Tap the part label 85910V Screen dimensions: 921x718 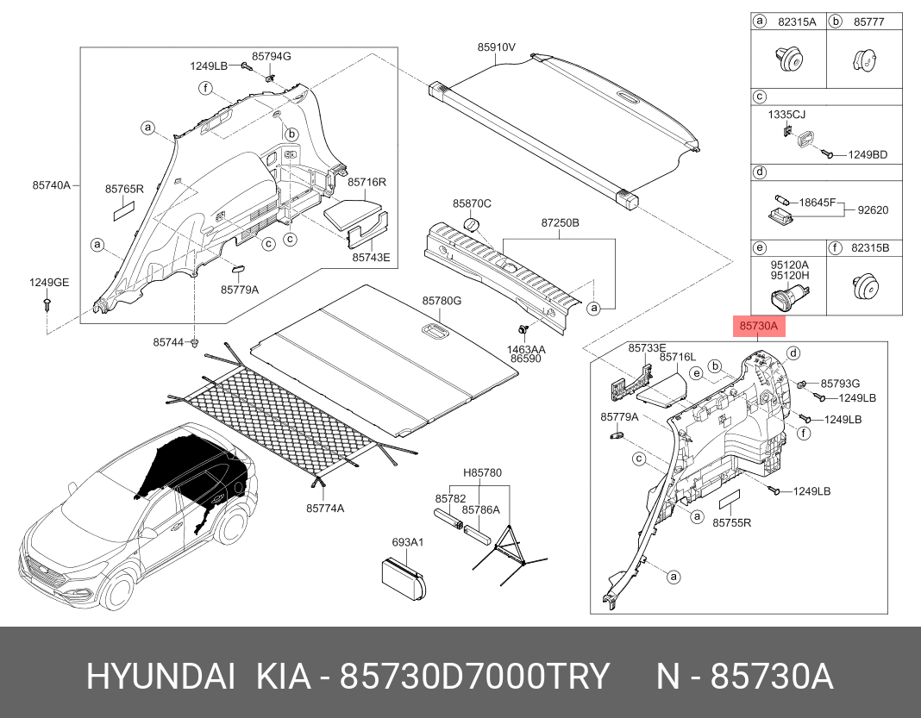pyautogui.click(x=496, y=47)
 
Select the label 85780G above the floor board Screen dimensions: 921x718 pyautogui.click(x=442, y=301)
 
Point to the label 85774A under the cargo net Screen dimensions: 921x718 pyautogui.click(x=325, y=508)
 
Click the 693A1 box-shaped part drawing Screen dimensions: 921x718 pyautogui.click(x=404, y=578)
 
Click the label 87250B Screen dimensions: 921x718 pyautogui.click(x=560, y=223)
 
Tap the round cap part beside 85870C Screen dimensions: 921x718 pyautogui.click(x=472, y=226)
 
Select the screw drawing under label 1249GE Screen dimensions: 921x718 pyautogui.click(x=47, y=304)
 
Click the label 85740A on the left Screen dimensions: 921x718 pyautogui.click(x=51, y=185)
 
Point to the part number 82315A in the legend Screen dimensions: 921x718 pyautogui.click(x=797, y=22)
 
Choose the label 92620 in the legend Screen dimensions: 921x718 pyautogui.click(x=873, y=209)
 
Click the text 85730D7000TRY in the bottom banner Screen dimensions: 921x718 pyautogui.click(x=474, y=677)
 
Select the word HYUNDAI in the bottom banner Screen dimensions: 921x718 pyautogui.click(x=160, y=677)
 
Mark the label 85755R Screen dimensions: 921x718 pyautogui.click(x=731, y=522)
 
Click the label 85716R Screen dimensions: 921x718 pyautogui.click(x=367, y=182)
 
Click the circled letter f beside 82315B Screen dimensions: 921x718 pyautogui.click(x=835, y=247)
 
